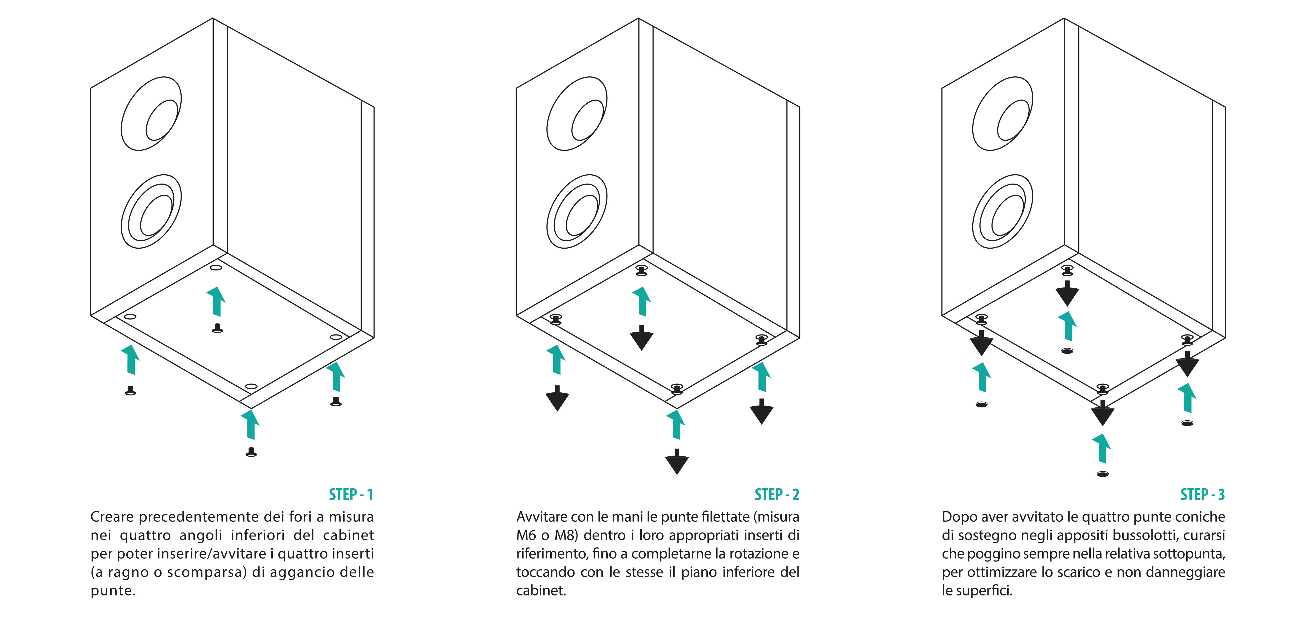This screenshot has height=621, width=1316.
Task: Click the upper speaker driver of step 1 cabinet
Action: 151,114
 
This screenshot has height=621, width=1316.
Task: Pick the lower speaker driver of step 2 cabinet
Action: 577,211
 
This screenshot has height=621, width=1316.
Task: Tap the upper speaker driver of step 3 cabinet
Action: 1002,114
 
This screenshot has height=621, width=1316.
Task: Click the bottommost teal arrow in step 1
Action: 250,424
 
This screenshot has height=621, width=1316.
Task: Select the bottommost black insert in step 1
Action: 251,452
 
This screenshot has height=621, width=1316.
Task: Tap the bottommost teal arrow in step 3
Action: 1102,448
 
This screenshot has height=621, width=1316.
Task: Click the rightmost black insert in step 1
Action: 336,402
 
